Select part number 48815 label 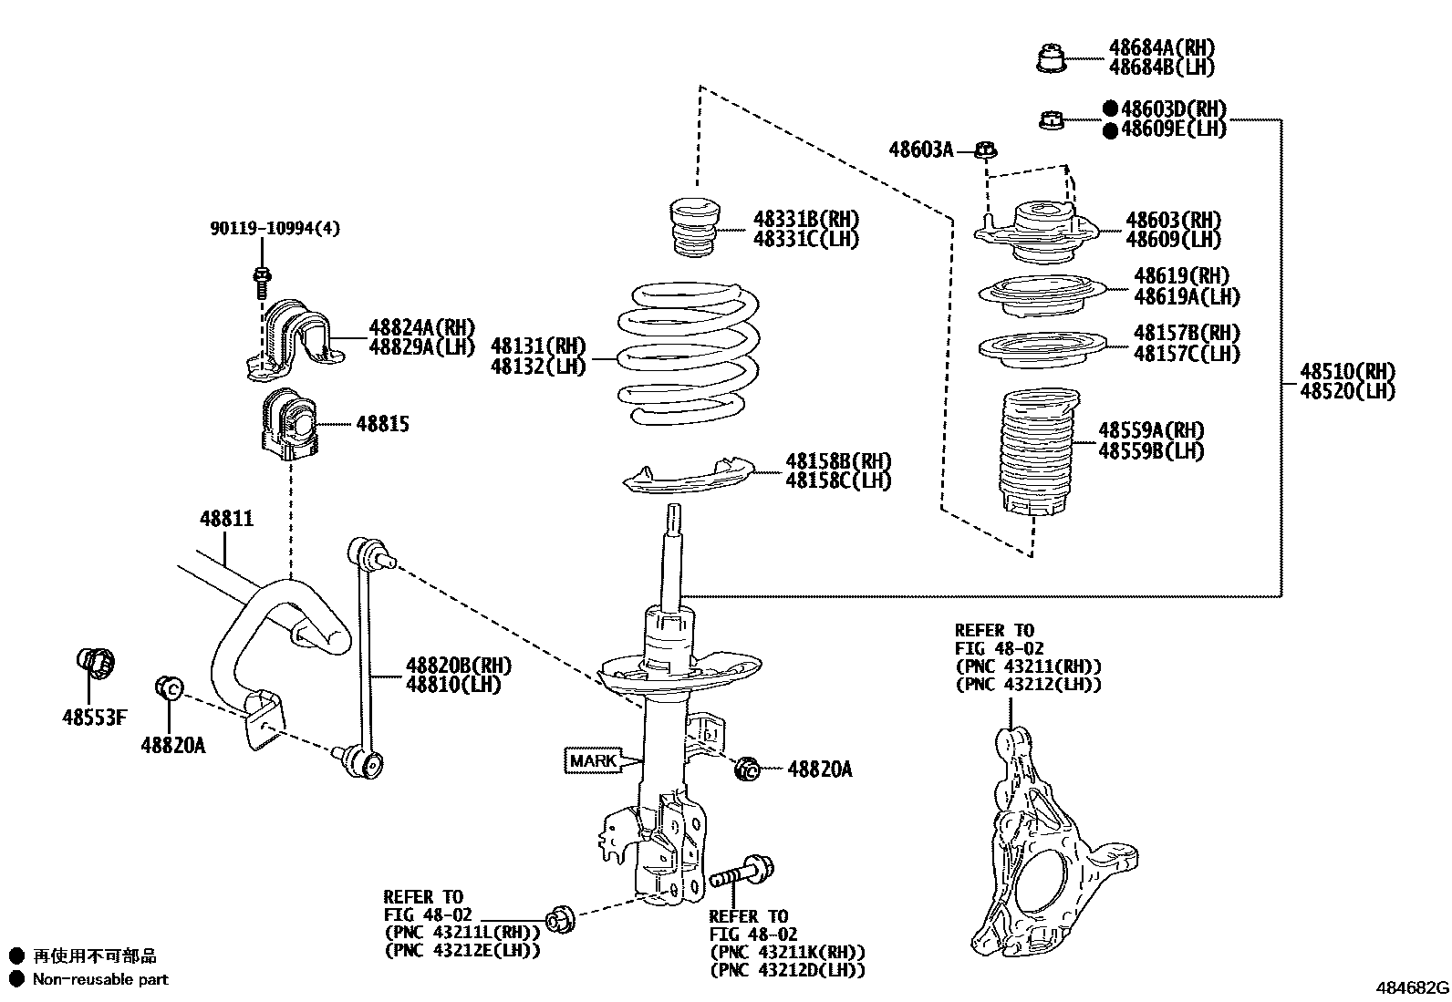(x=382, y=425)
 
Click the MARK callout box (x=591, y=759)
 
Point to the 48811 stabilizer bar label (x=226, y=519)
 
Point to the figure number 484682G (x=1412, y=988)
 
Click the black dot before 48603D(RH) (x=1110, y=109)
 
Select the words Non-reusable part (x=100, y=980)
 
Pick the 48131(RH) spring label (x=537, y=346)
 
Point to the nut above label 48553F (x=94, y=664)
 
